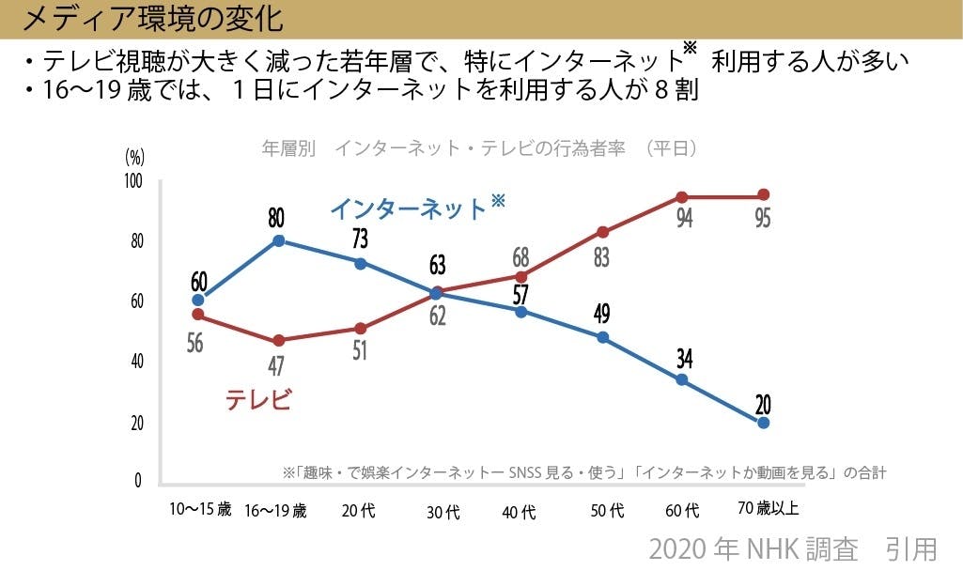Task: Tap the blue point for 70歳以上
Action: point(763,423)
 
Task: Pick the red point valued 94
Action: point(682,197)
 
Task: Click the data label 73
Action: point(360,239)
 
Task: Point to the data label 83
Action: point(602,256)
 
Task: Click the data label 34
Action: point(683,357)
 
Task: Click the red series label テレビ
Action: point(258,399)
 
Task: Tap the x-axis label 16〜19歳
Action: point(275,511)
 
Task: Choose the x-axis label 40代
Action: point(519,512)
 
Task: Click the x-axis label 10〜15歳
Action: point(199,510)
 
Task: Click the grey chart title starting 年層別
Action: point(478,148)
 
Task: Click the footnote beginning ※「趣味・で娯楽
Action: point(583,472)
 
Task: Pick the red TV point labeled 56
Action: point(197,314)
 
